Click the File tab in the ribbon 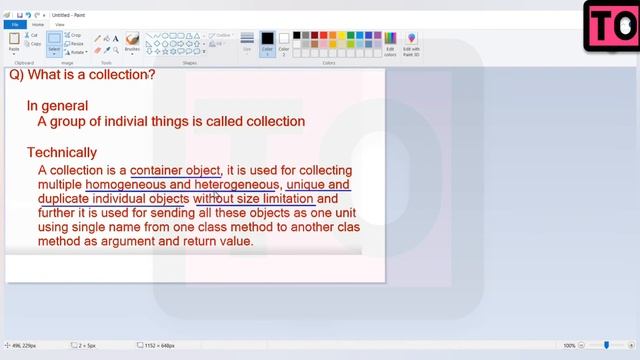tap(14, 24)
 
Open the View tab tap(60, 24)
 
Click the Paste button tap(14, 43)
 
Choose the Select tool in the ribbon tap(55, 43)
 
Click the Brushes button tap(132, 43)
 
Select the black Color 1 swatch tap(267, 42)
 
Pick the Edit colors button tap(390, 43)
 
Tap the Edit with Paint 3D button tap(411, 43)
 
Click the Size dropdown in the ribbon tap(247, 43)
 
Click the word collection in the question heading tap(121, 75)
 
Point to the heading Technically tap(62, 153)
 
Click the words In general tap(57, 106)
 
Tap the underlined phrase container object tap(175, 170)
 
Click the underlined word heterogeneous tap(236, 185)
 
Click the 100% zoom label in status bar tap(569, 346)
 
